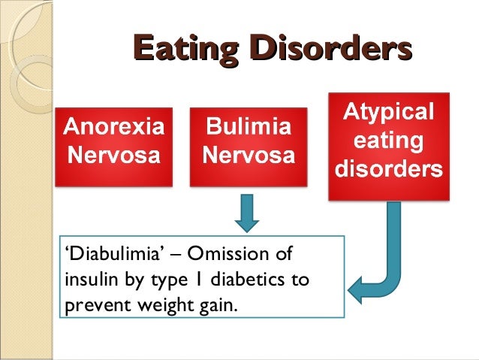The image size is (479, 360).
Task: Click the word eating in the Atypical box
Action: click(387, 141)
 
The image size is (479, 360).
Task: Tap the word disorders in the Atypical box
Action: click(387, 168)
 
